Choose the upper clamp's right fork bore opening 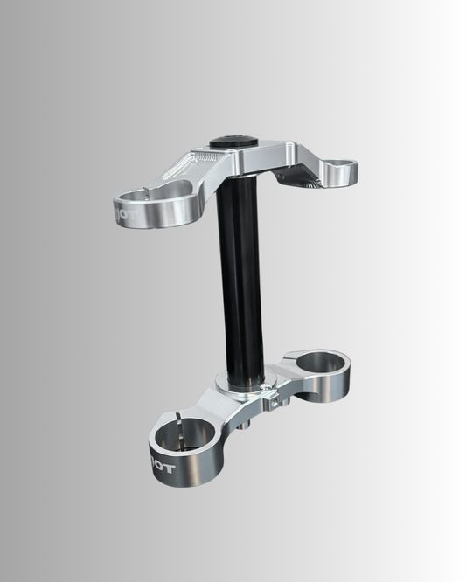click(x=339, y=163)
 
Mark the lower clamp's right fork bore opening click(x=318, y=359)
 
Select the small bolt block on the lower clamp click(x=275, y=403)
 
